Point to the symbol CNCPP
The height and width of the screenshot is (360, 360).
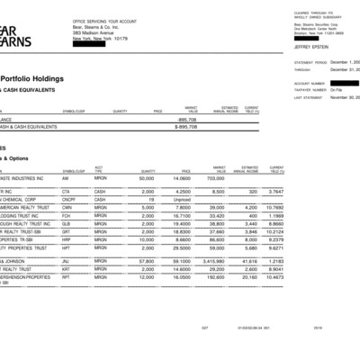click(x=67, y=199)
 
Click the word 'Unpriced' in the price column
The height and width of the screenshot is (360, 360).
click(x=180, y=199)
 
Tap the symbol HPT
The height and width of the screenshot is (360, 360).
click(x=66, y=247)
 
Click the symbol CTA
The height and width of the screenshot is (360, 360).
click(x=66, y=192)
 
